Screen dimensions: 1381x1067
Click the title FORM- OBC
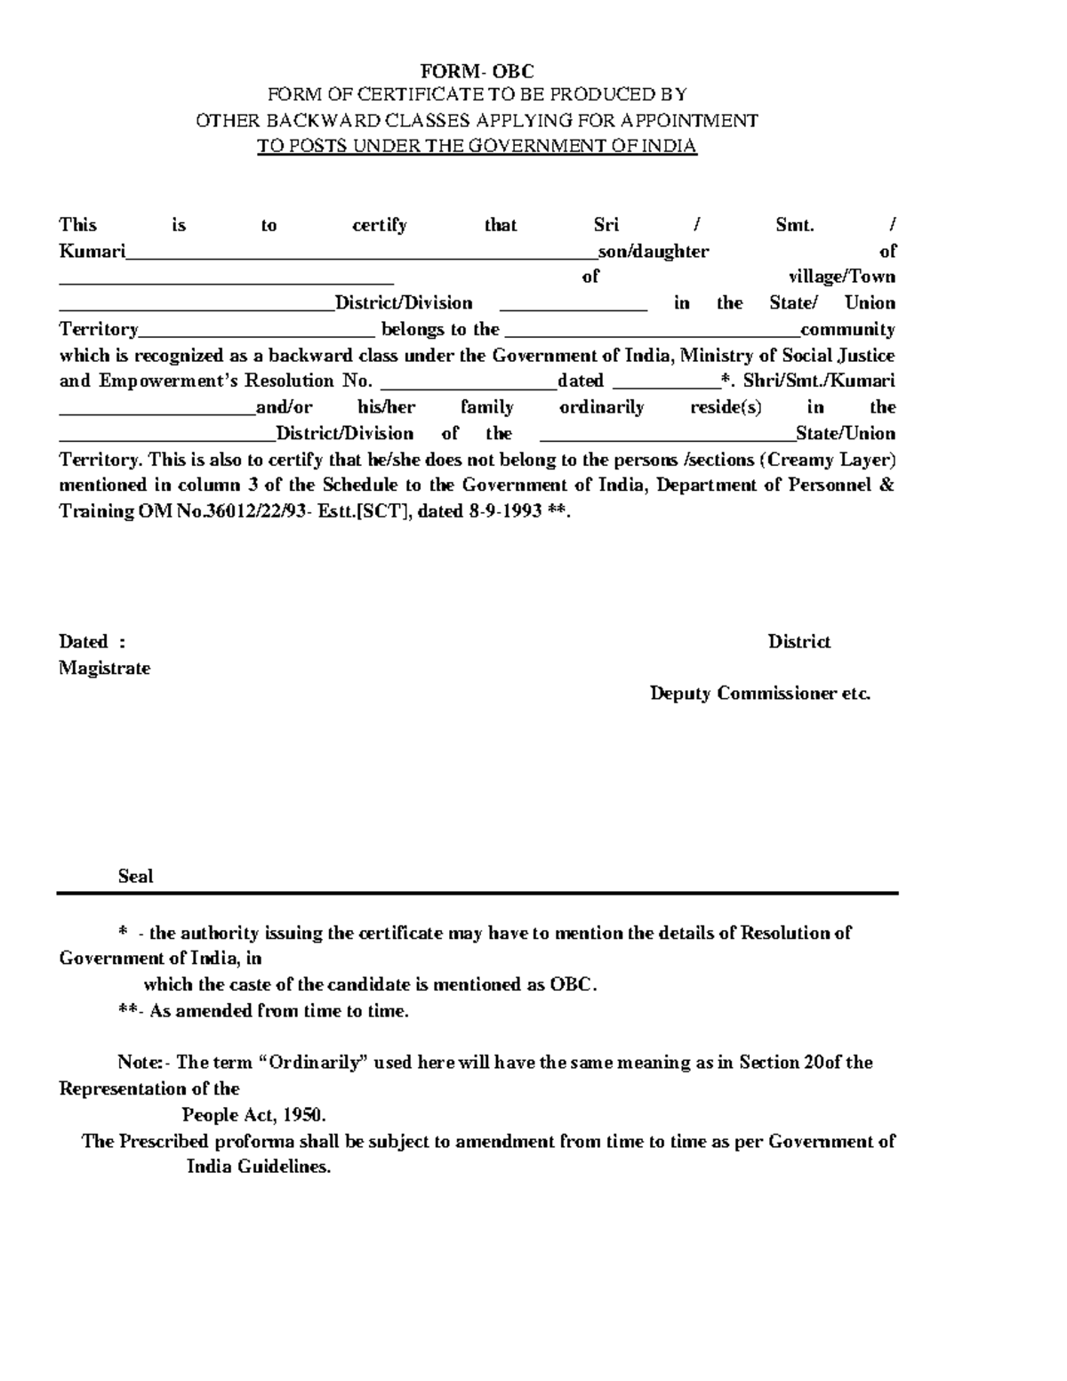pos(477,71)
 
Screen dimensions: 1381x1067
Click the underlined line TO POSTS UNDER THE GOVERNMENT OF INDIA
pos(477,147)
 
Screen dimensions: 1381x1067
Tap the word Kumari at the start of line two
pos(92,252)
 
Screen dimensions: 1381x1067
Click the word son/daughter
pos(653,252)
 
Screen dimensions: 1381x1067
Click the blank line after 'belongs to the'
pos(652,335)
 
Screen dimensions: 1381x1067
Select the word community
pos(847,330)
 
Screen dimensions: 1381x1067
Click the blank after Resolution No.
pos(468,387)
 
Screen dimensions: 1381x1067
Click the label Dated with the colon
pos(92,642)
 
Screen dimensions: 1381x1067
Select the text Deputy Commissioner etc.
pos(760,694)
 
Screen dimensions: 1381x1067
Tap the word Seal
pos(135,877)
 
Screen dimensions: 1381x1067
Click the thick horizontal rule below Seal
pos(477,893)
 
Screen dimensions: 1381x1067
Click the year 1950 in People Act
pos(303,1115)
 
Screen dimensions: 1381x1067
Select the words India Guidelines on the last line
pos(258,1168)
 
